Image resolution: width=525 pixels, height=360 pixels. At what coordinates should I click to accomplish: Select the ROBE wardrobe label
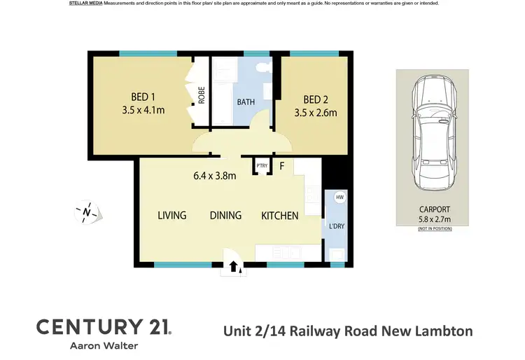tap(202, 95)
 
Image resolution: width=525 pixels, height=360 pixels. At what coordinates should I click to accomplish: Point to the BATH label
tap(246, 102)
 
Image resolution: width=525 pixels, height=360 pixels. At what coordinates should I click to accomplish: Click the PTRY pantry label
tap(262, 166)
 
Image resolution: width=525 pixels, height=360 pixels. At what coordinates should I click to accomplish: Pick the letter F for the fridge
tap(282, 167)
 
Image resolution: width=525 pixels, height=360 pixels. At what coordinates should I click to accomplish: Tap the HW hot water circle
tap(340, 198)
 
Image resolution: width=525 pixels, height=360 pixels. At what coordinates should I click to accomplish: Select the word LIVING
tap(172, 216)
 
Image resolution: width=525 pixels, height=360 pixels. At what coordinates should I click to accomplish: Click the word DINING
tap(225, 216)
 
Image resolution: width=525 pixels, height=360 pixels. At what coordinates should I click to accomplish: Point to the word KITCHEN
tap(280, 216)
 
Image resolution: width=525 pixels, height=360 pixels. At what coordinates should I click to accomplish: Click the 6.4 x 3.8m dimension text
tap(215, 176)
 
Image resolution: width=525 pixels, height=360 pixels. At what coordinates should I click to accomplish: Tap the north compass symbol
tap(86, 211)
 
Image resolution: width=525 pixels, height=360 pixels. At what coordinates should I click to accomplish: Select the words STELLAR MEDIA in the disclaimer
tap(86, 4)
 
